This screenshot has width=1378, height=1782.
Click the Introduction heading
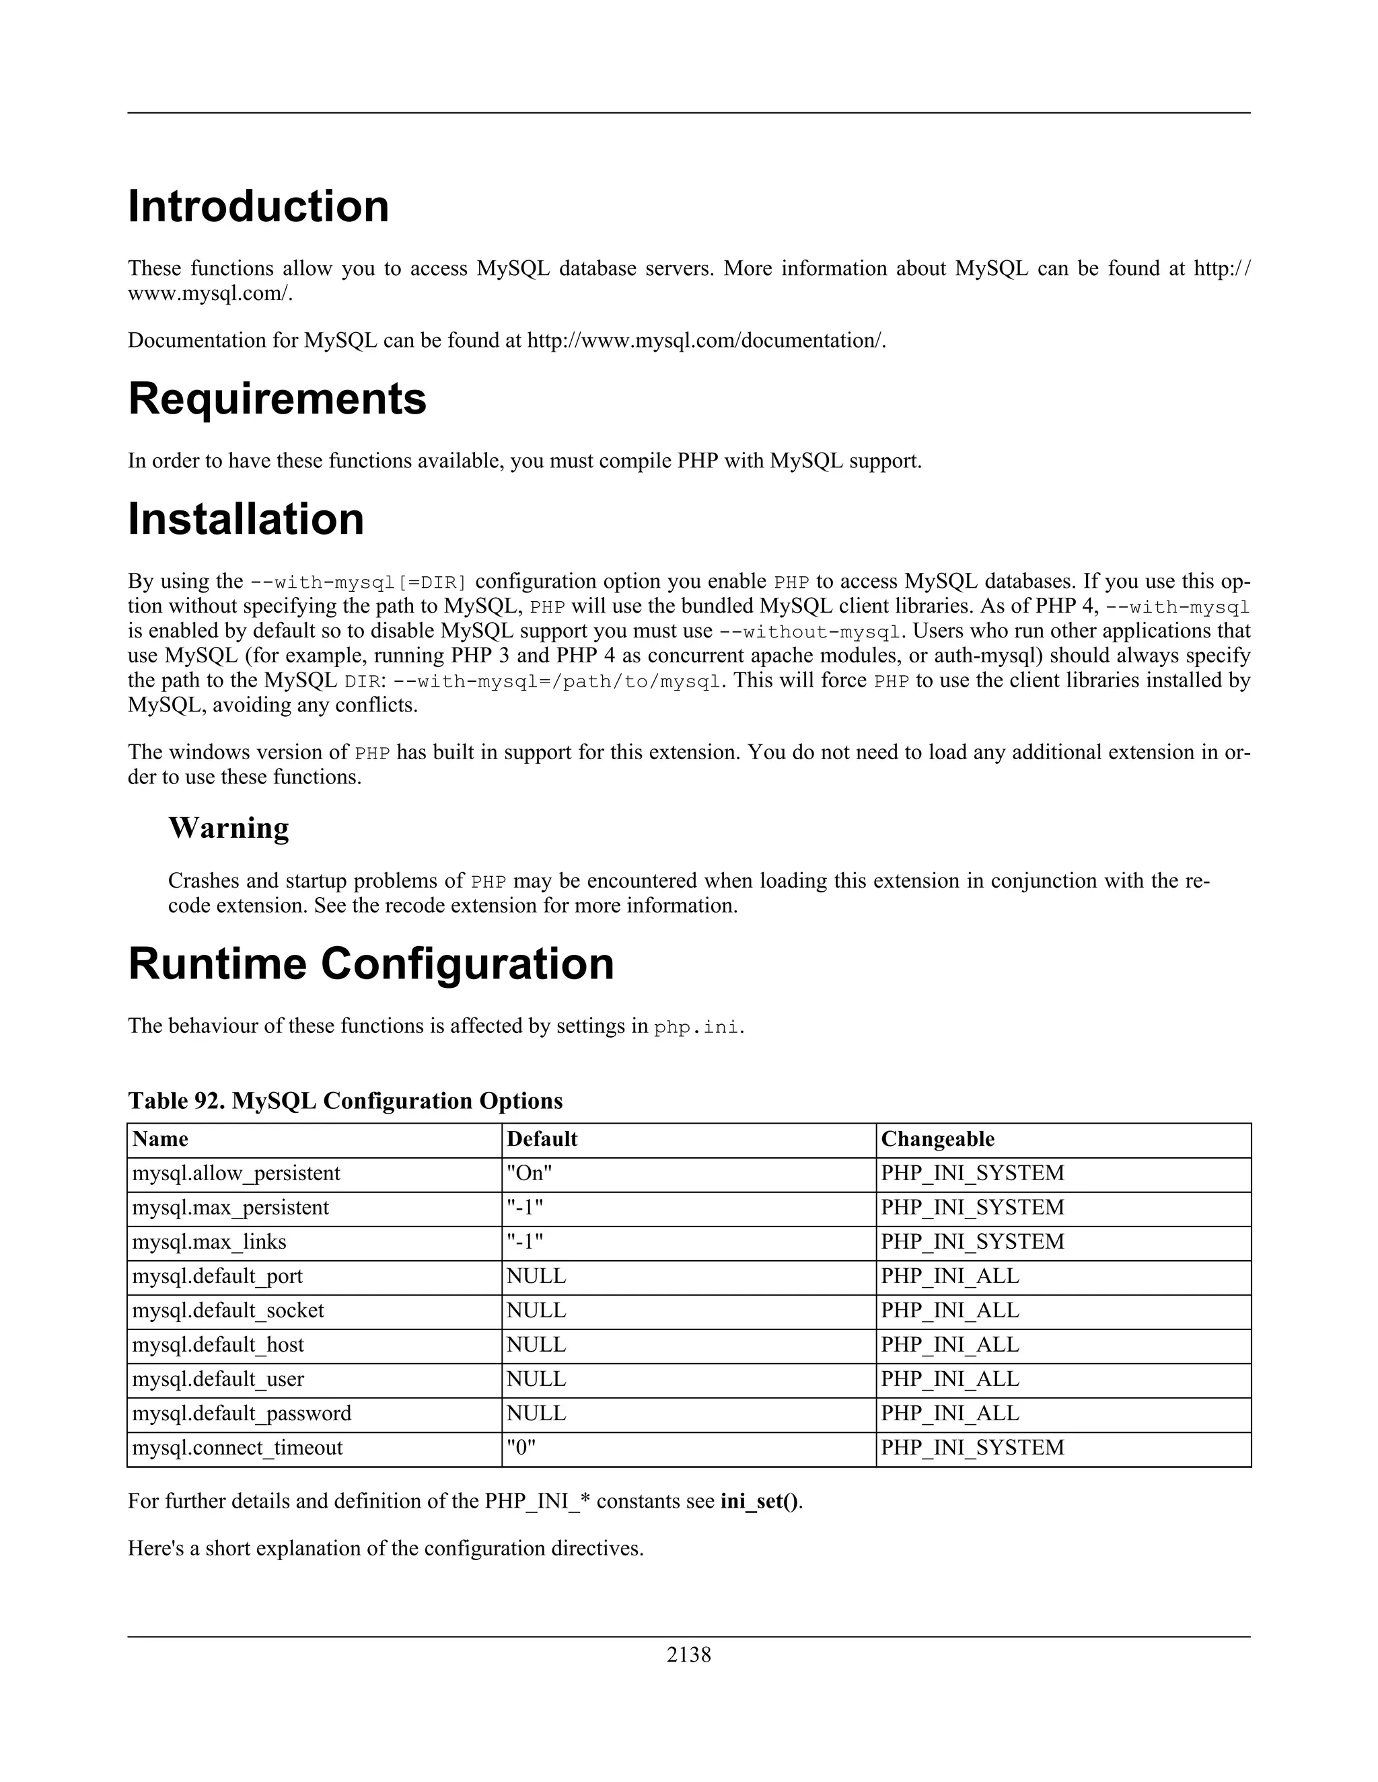(x=258, y=206)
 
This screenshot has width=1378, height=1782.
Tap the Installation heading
(x=246, y=519)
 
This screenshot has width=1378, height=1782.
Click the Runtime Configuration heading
(x=371, y=964)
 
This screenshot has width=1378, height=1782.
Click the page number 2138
(x=688, y=1655)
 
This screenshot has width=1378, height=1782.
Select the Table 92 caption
(x=344, y=1101)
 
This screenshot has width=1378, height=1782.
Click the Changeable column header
(x=937, y=1139)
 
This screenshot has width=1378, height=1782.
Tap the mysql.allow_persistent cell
(x=236, y=1173)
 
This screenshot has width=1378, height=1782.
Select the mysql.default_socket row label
(x=228, y=1311)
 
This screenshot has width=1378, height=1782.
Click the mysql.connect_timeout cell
(x=237, y=1448)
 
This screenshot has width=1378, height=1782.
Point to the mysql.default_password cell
(x=241, y=1413)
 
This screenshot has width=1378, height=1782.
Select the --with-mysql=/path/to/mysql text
(x=558, y=681)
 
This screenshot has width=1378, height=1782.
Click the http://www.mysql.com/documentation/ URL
(x=705, y=340)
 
